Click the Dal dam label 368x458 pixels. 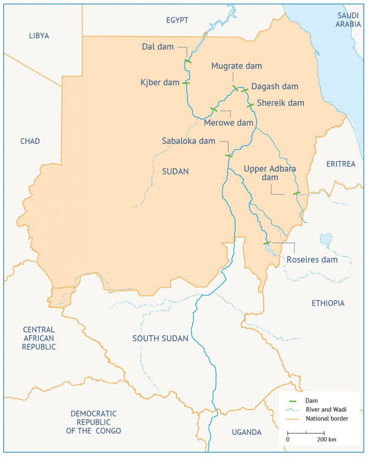coord(158,47)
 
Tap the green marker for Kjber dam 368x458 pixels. coord(185,83)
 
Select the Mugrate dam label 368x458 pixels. coord(236,66)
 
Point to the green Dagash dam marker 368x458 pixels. coord(244,90)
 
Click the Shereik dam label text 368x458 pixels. coord(280,103)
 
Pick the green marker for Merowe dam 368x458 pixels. coord(214,109)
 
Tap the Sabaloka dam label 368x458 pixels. coord(188,141)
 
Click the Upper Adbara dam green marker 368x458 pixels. coord(296,193)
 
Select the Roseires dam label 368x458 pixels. coord(312,260)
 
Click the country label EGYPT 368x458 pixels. coord(177,20)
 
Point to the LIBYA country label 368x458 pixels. coord(39,36)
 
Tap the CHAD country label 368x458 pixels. coord(30,141)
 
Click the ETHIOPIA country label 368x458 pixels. coord(328,303)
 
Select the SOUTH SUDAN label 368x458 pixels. coord(160,339)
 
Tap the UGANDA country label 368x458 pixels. coord(246,432)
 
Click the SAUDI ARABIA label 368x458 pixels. coord(349,20)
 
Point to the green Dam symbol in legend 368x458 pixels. coord(294,401)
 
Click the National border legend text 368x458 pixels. coord(327,419)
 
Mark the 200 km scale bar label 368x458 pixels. coord(326,439)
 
